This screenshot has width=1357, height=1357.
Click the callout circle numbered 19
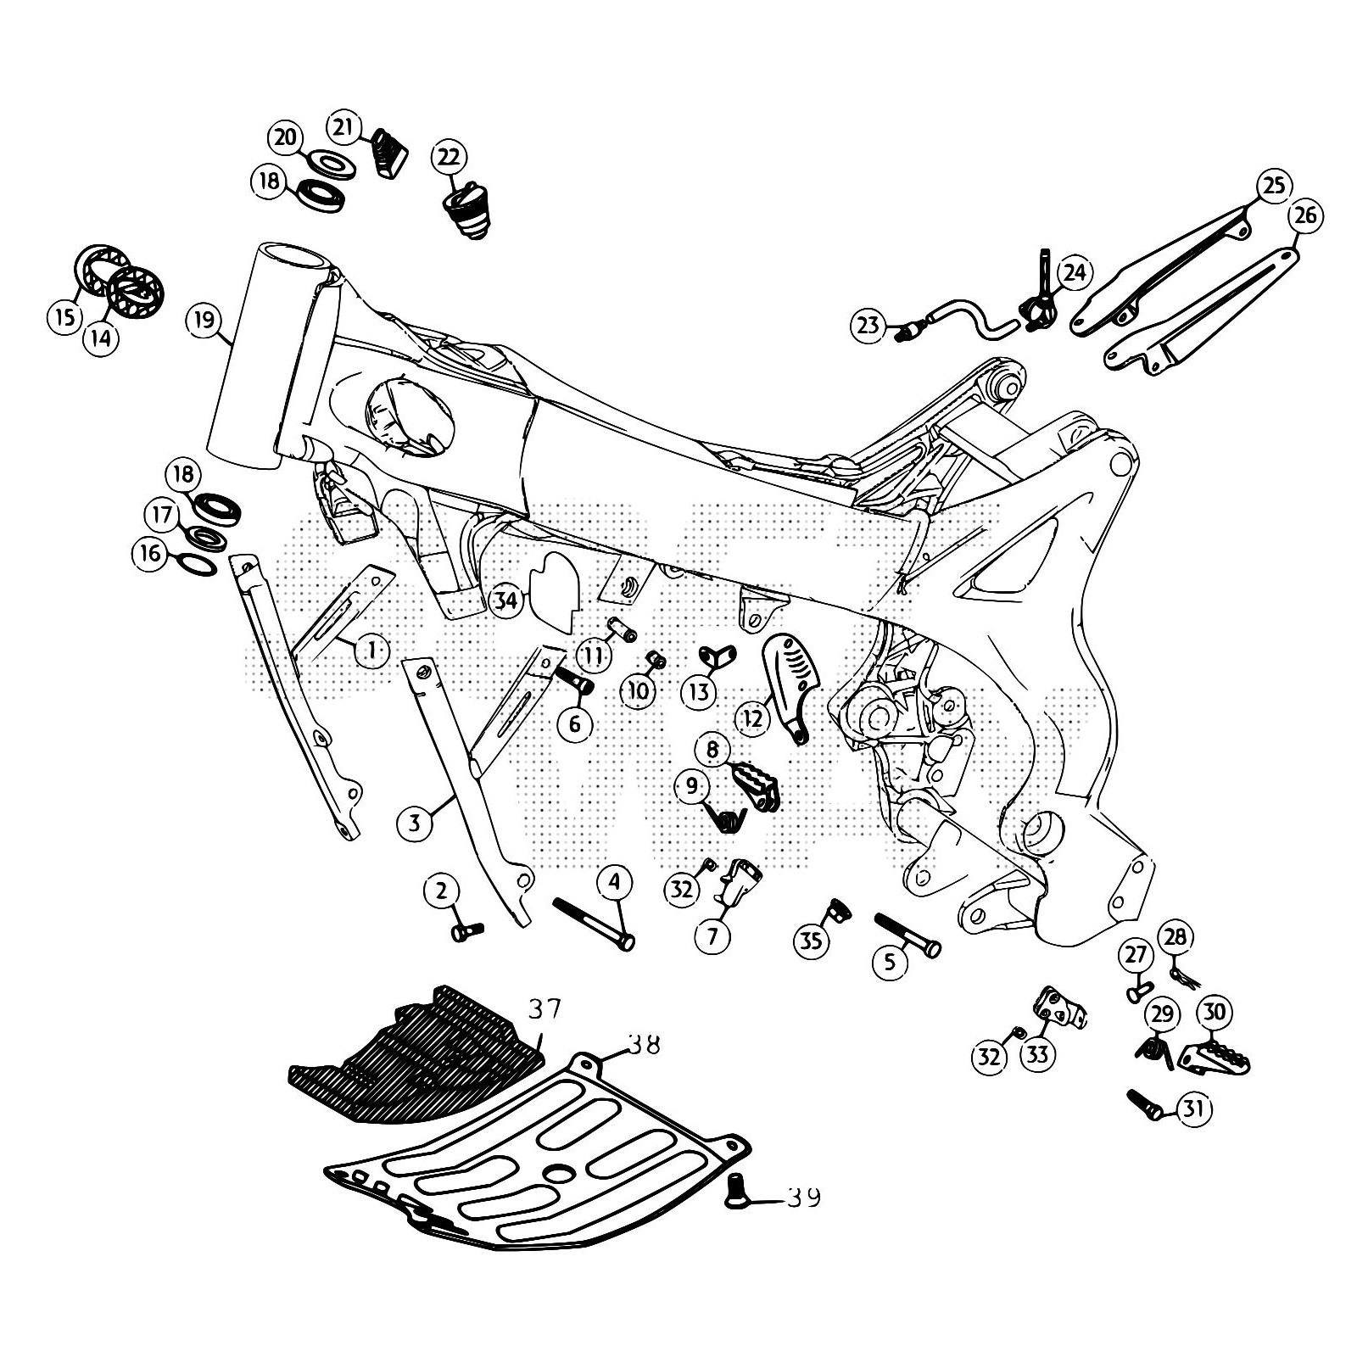204,321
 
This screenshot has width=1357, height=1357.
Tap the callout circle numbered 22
449,156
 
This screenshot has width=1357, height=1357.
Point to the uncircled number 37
544,1009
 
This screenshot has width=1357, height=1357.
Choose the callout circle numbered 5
890,962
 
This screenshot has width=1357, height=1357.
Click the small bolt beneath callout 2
466,932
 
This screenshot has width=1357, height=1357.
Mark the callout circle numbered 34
506,601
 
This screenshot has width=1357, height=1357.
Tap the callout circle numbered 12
753,719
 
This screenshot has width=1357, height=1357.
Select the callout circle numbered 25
1275,186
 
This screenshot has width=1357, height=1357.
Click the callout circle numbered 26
1306,215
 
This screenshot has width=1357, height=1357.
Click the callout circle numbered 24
1074,273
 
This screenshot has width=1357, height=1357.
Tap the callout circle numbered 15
64,318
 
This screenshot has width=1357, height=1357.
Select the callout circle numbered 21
343,127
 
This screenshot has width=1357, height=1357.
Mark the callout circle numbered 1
371,651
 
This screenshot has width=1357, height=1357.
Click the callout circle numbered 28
1176,937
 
